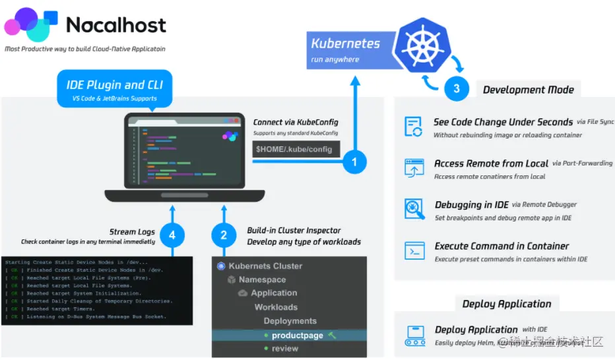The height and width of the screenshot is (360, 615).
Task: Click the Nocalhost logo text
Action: click(116, 25)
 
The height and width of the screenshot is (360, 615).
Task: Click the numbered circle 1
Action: click(354, 161)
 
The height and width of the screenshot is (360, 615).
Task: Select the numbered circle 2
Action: click(224, 235)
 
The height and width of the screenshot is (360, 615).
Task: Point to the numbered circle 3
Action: click(457, 90)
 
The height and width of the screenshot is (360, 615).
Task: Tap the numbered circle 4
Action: click(172, 235)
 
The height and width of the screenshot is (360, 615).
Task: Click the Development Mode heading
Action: click(528, 90)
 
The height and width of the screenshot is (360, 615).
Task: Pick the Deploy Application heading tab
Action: click(506, 304)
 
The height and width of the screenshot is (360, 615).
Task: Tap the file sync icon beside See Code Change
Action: click(414, 127)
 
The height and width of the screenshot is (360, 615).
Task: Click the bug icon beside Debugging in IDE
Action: click(414, 209)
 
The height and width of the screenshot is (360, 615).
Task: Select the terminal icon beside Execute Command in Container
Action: click(414, 251)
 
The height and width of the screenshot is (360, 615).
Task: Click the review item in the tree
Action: click(285, 349)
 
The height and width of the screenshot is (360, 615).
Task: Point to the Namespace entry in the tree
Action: click(262, 280)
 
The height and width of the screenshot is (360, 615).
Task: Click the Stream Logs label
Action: click(131, 231)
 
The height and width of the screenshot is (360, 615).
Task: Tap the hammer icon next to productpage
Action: click(333, 336)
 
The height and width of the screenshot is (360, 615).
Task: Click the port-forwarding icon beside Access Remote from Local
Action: click(414, 167)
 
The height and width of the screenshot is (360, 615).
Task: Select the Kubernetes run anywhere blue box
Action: click(346, 50)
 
